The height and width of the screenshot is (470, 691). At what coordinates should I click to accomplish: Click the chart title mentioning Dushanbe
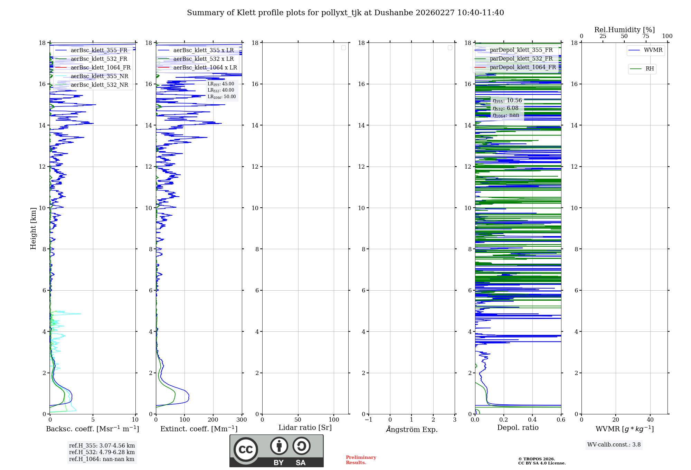click(345, 13)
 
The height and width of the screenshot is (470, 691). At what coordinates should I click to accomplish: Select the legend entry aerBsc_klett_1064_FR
click(100, 68)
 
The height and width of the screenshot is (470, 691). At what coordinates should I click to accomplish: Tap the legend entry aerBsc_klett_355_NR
click(99, 76)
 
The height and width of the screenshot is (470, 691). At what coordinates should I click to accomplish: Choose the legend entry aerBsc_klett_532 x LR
click(203, 59)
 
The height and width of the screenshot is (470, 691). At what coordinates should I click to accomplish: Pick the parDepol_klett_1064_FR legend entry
click(522, 67)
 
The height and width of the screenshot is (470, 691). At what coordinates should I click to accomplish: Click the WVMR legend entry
click(653, 50)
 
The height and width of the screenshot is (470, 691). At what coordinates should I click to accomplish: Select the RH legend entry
click(649, 69)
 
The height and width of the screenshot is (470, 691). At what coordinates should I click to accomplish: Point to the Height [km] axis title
click(33, 228)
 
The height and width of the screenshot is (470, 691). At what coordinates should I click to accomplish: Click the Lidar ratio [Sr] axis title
click(305, 428)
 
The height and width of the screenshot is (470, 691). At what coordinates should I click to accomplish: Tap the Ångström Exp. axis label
click(411, 430)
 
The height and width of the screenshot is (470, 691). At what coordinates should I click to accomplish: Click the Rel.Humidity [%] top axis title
click(624, 30)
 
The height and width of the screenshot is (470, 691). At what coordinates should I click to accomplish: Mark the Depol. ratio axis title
click(518, 428)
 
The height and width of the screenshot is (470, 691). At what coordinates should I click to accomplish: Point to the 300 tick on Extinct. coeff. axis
click(242, 420)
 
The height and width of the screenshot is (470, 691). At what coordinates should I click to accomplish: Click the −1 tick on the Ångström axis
click(368, 420)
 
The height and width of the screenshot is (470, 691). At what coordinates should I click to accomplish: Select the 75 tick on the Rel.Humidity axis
click(645, 36)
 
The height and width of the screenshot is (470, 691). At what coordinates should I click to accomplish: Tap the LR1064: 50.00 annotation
click(221, 97)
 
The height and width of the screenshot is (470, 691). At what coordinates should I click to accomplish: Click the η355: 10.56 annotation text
click(507, 101)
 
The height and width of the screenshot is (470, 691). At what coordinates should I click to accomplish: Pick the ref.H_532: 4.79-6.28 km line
click(102, 452)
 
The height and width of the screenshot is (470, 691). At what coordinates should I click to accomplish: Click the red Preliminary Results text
click(361, 460)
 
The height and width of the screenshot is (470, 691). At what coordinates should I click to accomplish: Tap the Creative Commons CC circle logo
click(246, 450)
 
